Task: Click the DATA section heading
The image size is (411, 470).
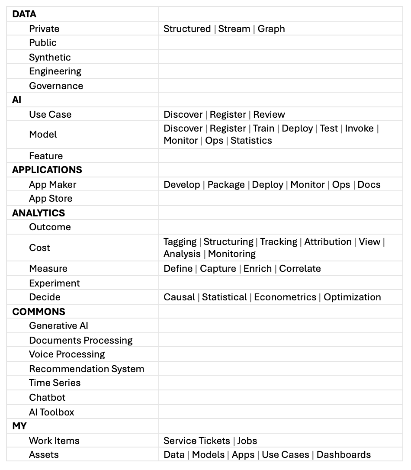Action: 24,14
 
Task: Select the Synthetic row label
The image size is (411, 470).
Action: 50,57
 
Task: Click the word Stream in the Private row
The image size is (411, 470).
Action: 234,29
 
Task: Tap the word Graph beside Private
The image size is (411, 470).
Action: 271,29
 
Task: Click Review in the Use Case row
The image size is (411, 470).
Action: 269,115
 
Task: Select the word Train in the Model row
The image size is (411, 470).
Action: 263,129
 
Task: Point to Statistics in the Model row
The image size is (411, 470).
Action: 251,141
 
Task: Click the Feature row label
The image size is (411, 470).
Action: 46,156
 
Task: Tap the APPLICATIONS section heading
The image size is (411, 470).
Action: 47,170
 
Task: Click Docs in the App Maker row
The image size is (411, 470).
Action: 369,185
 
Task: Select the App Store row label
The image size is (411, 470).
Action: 51,199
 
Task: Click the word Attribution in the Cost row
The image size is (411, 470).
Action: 328,242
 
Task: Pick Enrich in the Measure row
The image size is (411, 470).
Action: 257,269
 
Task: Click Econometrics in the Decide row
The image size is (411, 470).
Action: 285,297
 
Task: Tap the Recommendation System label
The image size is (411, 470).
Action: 87,369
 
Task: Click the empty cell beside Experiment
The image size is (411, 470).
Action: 280,283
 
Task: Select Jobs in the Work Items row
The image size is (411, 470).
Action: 247,441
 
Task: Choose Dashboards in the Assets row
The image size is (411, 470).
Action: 344,455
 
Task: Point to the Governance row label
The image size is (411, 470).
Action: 56,86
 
